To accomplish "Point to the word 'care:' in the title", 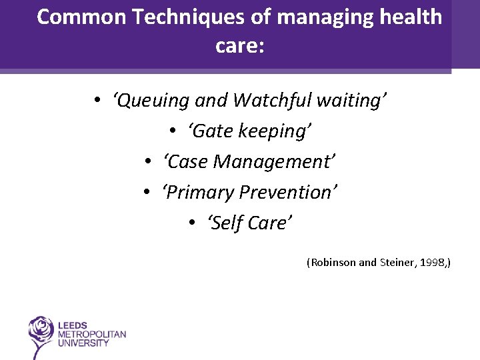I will coord(240,47).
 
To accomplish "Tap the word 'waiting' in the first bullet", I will coord(353,101).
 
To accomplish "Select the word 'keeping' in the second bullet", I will coord(280,132).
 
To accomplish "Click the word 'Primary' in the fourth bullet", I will coord(197,193).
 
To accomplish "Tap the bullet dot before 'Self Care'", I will coord(191,223).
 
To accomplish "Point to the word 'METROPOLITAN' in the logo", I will coord(91,334).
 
